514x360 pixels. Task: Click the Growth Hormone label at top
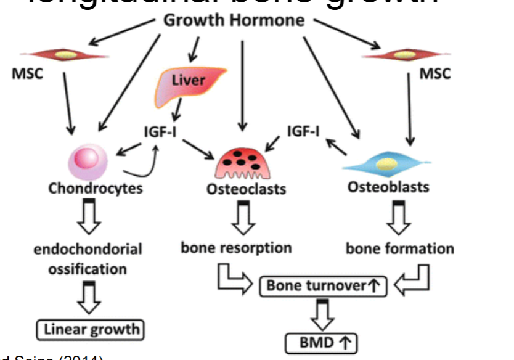click(234, 20)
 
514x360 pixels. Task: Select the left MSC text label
click(27, 74)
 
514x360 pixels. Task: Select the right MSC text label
click(435, 74)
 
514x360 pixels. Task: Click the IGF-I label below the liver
click(161, 131)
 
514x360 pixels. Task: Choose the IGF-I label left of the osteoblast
click(304, 131)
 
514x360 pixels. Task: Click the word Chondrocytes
click(95, 188)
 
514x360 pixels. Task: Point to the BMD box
click(321, 343)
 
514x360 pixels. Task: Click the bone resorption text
click(236, 248)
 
